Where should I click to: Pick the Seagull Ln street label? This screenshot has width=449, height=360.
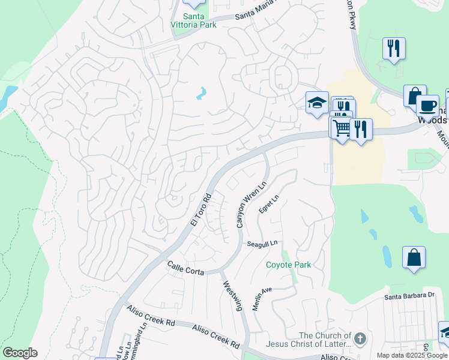click(x=262, y=244)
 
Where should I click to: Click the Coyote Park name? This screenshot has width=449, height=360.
click(x=289, y=265)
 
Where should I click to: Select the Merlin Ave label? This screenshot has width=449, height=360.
click(x=262, y=298)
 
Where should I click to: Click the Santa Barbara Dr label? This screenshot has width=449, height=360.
click(x=409, y=296)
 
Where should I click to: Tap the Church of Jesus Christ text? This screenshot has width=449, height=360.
click(x=325, y=340)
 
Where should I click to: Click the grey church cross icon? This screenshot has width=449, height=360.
click(x=360, y=338)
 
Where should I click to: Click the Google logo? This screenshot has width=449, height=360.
click(x=20, y=353)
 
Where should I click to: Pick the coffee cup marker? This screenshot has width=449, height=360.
click(x=427, y=106)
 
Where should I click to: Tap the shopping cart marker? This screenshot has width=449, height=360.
click(x=342, y=128)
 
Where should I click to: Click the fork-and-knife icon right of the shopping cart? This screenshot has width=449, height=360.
click(x=361, y=129)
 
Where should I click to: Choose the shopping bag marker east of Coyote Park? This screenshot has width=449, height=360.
click(x=414, y=258)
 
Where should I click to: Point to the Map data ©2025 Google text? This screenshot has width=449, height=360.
click(x=411, y=355)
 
